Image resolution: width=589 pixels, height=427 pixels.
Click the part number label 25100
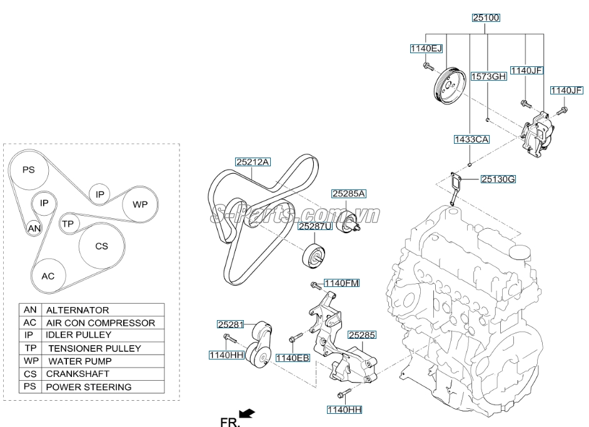click(486, 19)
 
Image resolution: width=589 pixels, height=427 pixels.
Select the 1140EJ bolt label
click(426, 49)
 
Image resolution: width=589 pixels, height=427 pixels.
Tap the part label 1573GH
click(488, 77)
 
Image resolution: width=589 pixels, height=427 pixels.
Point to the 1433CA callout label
click(471, 140)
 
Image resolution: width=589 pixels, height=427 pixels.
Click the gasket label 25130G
click(498, 180)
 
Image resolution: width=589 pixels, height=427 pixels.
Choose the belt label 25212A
click(253, 162)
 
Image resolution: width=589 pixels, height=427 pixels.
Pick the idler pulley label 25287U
click(314, 227)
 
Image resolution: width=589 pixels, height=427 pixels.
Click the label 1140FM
click(341, 283)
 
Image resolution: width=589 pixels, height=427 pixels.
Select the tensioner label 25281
click(230, 324)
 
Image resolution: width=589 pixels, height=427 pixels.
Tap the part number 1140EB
click(293, 358)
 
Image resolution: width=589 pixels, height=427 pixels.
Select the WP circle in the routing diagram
click(140, 204)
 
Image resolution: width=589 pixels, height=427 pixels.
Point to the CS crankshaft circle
click(102, 246)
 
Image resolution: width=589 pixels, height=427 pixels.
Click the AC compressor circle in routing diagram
click(48, 276)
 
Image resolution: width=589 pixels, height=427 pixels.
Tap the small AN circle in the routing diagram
click(34, 229)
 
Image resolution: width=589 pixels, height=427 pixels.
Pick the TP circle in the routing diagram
click(68, 223)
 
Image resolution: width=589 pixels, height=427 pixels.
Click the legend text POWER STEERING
click(89, 387)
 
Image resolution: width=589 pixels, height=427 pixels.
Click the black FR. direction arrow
click(248, 413)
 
